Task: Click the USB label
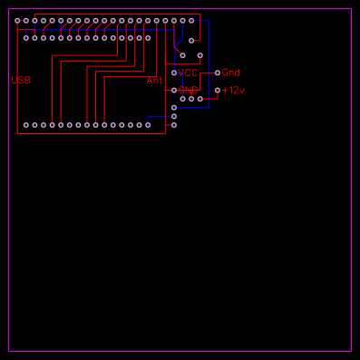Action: (x=21, y=81)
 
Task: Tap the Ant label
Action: (x=155, y=81)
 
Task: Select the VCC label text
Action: (x=188, y=73)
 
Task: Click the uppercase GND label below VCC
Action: (x=188, y=91)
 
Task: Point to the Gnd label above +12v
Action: (x=230, y=73)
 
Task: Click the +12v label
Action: (x=234, y=91)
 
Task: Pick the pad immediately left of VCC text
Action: (x=174, y=73)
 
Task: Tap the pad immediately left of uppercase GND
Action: (x=174, y=90)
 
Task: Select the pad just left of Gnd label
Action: (x=217, y=73)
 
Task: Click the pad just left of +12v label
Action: (x=217, y=90)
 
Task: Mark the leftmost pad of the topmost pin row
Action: (x=17, y=20)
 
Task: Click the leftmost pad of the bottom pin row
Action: (x=26, y=124)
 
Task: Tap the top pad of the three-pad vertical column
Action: (x=174, y=107)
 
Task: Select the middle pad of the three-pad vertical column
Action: (x=174, y=116)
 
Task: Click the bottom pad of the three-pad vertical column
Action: (x=174, y=124)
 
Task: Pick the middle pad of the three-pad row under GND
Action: (x=191, y=99)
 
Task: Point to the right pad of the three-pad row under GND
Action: (x=200, y=99)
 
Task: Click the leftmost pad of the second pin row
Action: (x=26, y=38)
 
